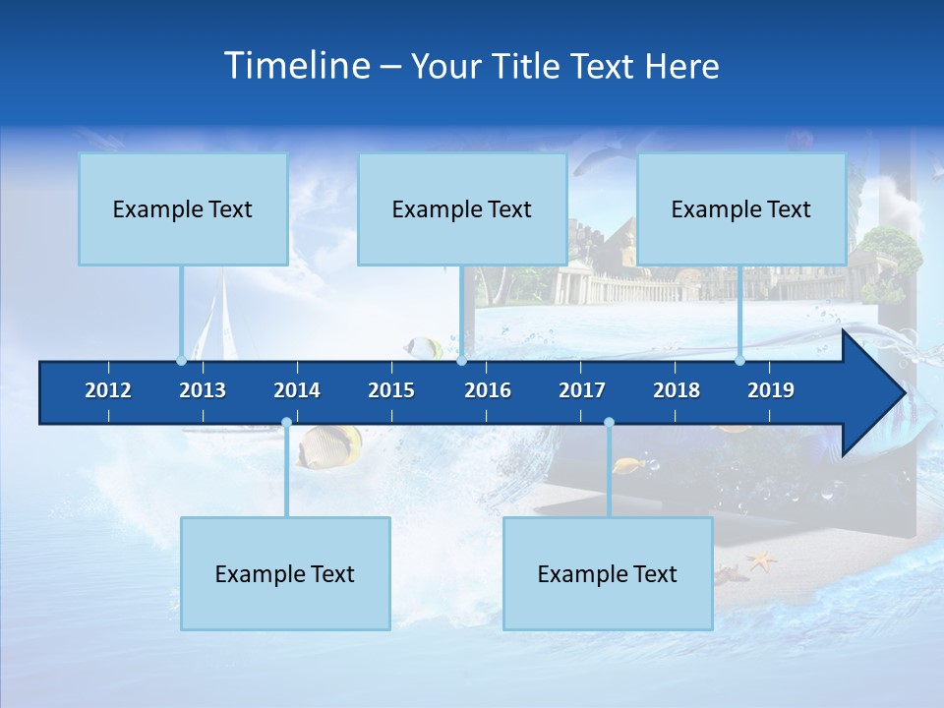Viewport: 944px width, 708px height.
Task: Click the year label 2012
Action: pos(108,390)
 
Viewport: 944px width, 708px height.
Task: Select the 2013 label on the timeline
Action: pos(203,390)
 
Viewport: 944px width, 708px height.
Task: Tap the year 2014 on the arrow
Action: pos(297,390)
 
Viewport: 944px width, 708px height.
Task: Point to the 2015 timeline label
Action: pos(391,390)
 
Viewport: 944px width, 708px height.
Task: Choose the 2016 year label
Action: pos(488,390)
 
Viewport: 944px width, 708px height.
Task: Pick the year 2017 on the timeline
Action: pos(582,390)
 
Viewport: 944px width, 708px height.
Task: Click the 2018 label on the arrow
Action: pos(677,390)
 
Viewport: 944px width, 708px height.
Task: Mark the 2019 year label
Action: pos(771,390)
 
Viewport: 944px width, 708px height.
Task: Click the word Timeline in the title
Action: pos(296,66)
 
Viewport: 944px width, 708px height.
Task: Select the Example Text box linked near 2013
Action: pos(183,209)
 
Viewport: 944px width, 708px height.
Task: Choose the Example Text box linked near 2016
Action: pos(462,209)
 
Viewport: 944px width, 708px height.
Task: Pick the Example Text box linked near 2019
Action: pos(741,209)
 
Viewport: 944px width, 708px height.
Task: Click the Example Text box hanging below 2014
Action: pos(285,574)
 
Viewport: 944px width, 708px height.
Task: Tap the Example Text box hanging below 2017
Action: pos(608,574)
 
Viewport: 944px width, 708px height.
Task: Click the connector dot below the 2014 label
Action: pos(286,423)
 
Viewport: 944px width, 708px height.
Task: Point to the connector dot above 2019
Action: pos(740,360)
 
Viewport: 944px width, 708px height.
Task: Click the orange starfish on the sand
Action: pos(761,562)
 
